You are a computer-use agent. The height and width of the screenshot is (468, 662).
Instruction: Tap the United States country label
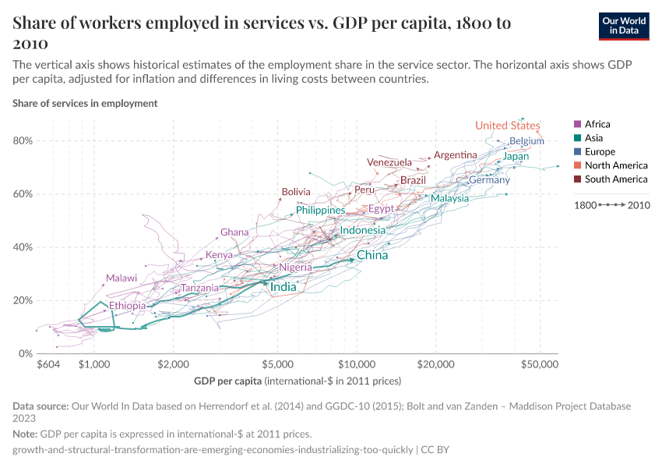pos(507,126)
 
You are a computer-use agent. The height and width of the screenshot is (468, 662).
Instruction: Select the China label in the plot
pos(372,255)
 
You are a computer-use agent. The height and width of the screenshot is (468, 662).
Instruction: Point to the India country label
pos(283,287)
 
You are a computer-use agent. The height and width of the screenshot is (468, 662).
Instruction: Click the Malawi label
pos(121,278)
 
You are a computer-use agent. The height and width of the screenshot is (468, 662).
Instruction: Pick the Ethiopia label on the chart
pos(127,306)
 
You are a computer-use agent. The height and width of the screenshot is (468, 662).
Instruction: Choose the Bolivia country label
pos(296,192)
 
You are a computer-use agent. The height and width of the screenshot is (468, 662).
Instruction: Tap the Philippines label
pos(320,211)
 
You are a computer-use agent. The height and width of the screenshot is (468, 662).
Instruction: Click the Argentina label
pos(455,155)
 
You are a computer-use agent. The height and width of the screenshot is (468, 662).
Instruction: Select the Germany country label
pos(489,180)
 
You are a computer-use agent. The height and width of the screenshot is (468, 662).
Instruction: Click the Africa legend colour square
pos(577,124)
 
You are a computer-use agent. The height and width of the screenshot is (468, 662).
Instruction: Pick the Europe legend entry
pos(600,151)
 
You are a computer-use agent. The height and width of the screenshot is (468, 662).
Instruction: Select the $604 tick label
pos(48,364)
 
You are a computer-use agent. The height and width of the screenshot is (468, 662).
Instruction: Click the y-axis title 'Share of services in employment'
pos(85,103)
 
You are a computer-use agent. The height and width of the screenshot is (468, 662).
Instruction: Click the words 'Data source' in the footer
pos(40,406)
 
